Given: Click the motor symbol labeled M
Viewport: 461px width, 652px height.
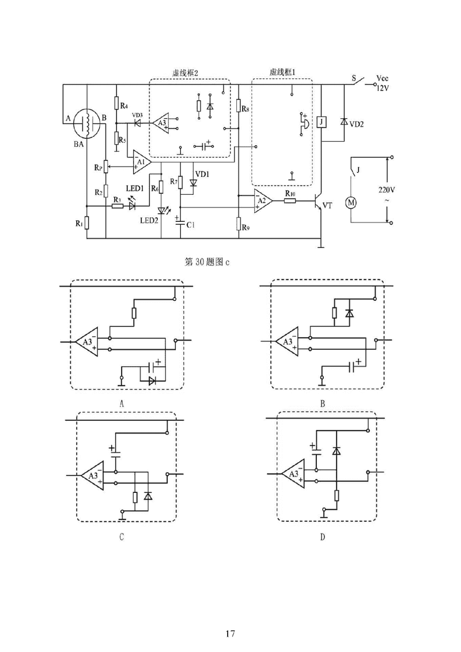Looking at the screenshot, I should coord(350,202).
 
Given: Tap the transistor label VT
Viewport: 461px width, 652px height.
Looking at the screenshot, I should coord(327,205).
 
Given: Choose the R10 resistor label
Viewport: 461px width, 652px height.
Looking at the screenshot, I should coord(290,195).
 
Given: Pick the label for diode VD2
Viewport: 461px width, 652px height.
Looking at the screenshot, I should coord(357,124).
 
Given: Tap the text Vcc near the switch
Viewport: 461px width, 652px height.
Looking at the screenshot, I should coord(382,77).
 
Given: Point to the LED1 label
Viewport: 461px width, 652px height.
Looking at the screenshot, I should coord(134,189).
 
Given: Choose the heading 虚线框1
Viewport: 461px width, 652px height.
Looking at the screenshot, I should coord(282,73).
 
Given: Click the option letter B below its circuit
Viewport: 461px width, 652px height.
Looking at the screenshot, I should coord(323,405).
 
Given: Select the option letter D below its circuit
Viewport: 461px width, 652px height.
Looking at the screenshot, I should coord(323,537).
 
